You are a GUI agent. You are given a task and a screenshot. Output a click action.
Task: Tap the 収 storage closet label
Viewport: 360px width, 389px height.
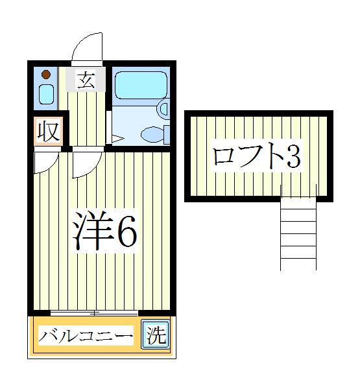pos(47,132)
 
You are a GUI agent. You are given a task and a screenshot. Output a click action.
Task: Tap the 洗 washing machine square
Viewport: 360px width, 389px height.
pos(154,335)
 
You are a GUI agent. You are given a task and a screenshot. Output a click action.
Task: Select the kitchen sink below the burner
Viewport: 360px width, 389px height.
pos(46,95)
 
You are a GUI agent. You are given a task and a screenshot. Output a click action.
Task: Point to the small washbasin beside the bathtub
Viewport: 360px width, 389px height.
pos(163,108)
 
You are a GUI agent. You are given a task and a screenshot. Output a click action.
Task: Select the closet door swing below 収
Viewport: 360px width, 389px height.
pos(45,162)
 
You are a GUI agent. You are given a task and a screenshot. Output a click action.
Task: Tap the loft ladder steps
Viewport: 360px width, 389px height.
pos(298,233)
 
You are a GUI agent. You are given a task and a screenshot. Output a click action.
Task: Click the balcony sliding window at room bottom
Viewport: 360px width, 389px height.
pos(94,314)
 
